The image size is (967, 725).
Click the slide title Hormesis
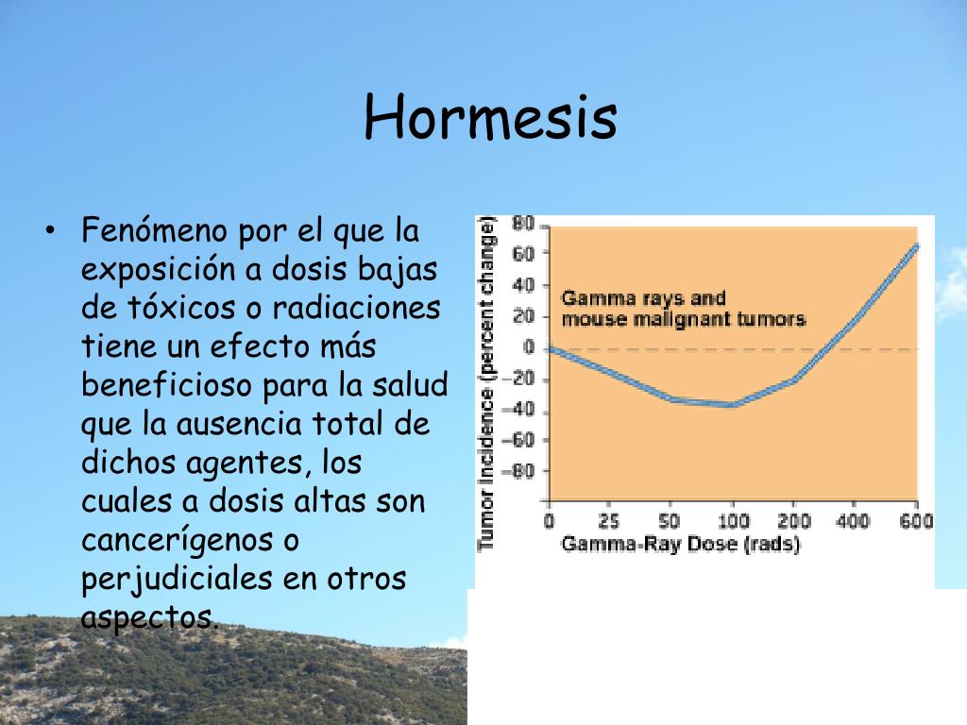click(x=491, y=117)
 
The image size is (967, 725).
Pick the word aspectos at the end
click(x=148, y=617)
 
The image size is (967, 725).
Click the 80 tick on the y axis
click(x=523, y=225)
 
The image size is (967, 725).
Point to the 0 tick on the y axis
click(x=530, y=348)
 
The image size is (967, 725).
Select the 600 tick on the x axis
click(x=915, y=521)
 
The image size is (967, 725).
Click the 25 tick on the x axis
click(x=609, y=521)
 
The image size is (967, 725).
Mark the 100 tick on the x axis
click(x=732, y=521)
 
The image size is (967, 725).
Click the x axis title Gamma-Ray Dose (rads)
click(x=680, y=545)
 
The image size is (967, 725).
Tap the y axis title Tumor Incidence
click(x=487, y=382)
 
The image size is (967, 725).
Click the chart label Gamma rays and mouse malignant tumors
click(x=683, y=309)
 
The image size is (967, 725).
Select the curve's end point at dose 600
click(x=915, y=246)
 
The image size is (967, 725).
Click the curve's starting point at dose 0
click(x=551, y=349)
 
